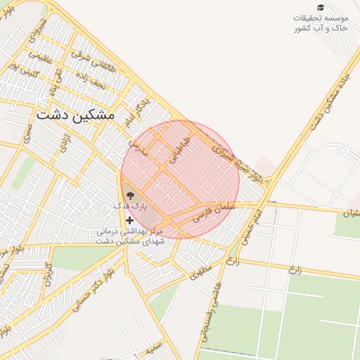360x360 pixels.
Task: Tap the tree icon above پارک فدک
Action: tap(130, 195)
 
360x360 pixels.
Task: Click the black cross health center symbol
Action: tap(130, 220)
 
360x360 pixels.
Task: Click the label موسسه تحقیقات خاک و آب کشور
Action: tap(321, 22)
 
